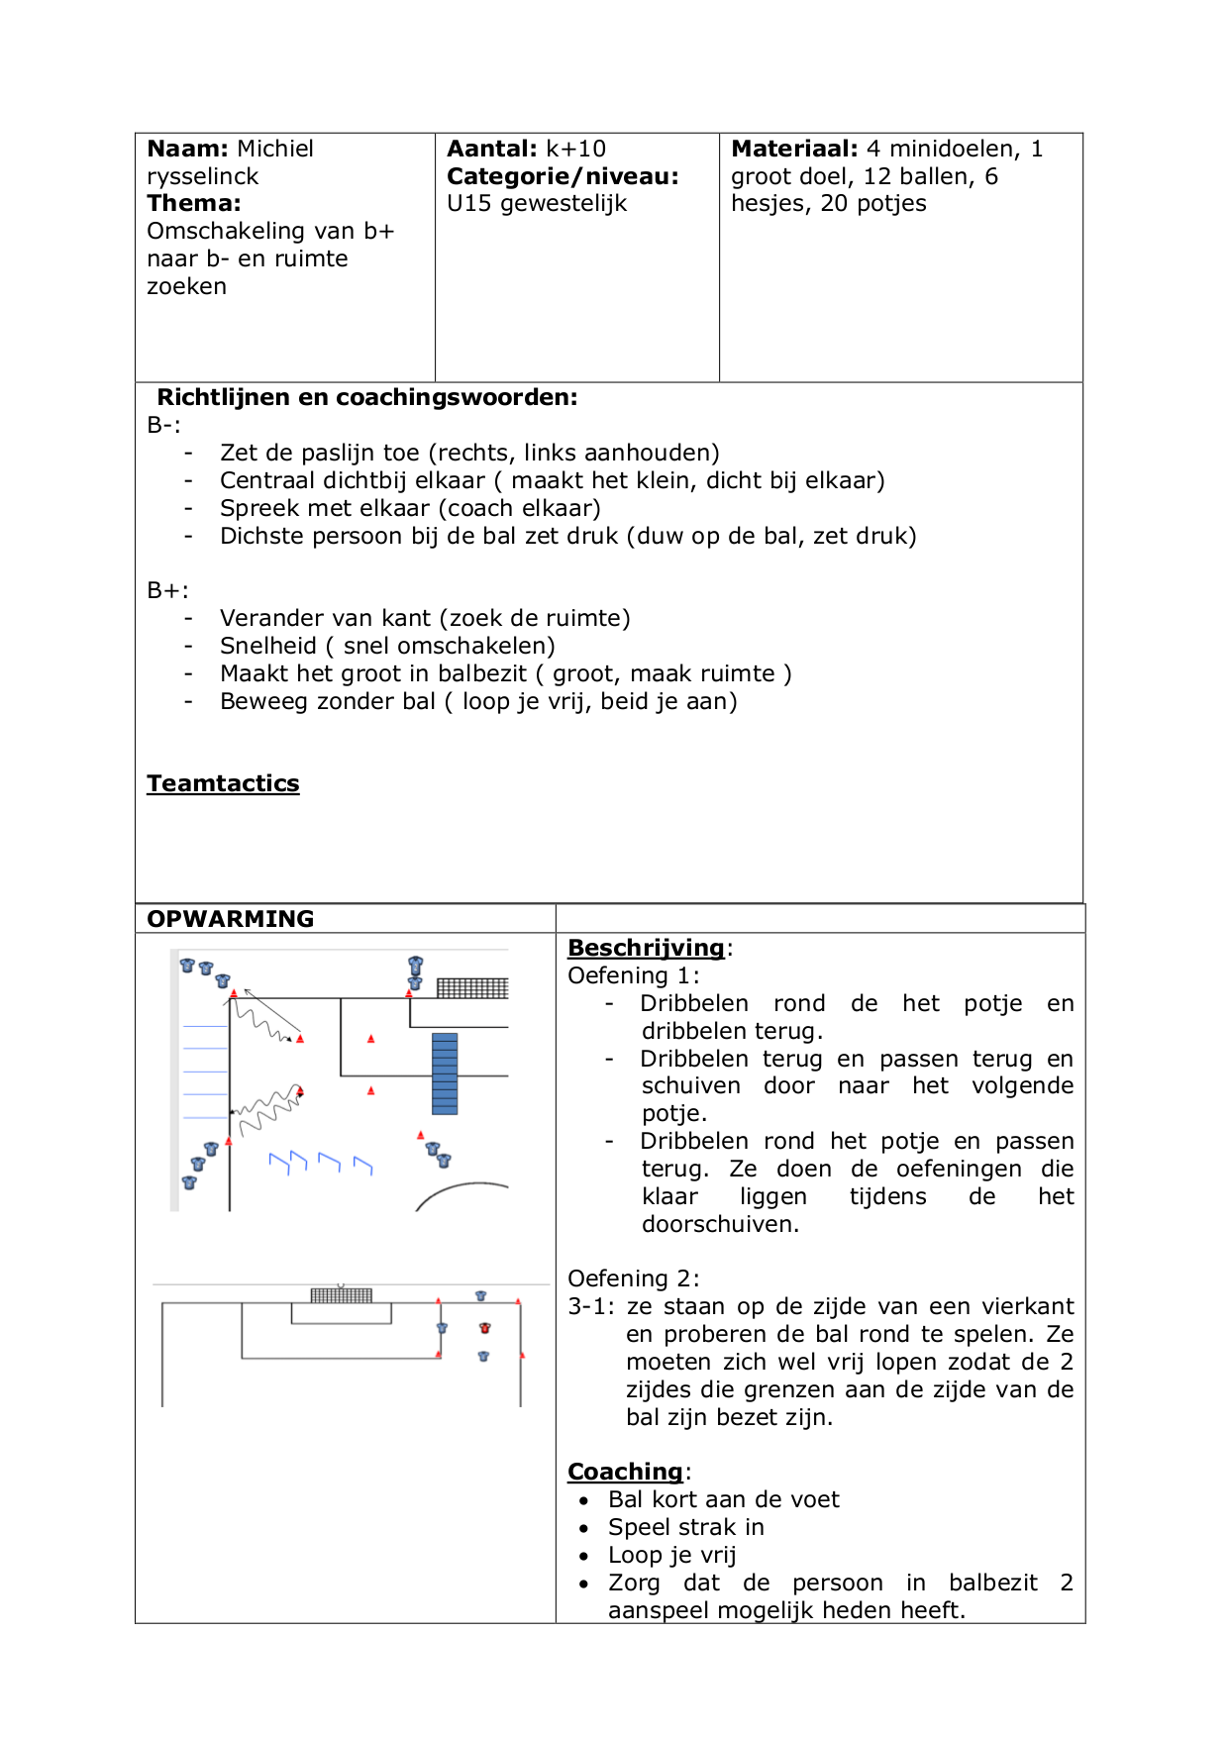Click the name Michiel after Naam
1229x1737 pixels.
(x=274, y=149)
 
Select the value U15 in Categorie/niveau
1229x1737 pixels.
(x=469, y=203)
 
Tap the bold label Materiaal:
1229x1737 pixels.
(x=794, y=149)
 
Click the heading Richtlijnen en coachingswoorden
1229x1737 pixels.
(x=366, y=397)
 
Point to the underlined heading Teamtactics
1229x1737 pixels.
(x=223, y=783)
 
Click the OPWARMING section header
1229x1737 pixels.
(x=230, y=919)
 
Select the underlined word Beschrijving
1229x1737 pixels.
(x=646, y=948)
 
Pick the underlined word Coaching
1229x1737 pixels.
(x=625, y=1472)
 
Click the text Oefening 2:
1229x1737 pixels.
(x=633, y=1278)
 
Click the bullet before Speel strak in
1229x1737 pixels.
(x=584, y=1528)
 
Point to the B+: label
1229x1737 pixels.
(x=167, y=590)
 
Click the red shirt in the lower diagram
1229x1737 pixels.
(x=484, y=1328)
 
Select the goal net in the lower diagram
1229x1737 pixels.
(x=341, y=1294)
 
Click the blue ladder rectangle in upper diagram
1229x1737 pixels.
(x=445, y=1073)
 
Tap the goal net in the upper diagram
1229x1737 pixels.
(x=472, y=987)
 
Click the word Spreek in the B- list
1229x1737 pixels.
(x=257, y=508)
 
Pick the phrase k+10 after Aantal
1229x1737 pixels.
(x=575, y=149)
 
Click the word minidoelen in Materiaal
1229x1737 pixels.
(x=954, y=149)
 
